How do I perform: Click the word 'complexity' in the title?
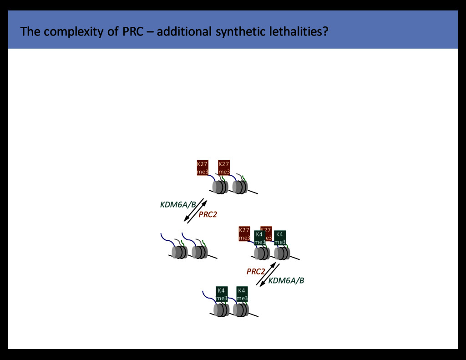coord(67,32)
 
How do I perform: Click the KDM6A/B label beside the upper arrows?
coord(178,205)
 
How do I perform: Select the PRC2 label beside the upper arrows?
coord(208,215)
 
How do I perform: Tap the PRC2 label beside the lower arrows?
coord(256,272)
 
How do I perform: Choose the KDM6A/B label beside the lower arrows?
coord(286,281)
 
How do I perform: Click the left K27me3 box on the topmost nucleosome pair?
coord(203,167)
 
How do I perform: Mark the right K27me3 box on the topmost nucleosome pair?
coord(224,167)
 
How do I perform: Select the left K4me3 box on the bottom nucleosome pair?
coord(222,294)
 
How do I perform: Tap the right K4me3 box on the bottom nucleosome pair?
coord(242,294)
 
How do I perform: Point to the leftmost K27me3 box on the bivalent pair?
coord(244,233)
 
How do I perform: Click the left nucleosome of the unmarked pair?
coord(179,252)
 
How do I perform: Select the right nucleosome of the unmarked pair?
coord(199,252)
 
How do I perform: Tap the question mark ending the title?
coord(325,32)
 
